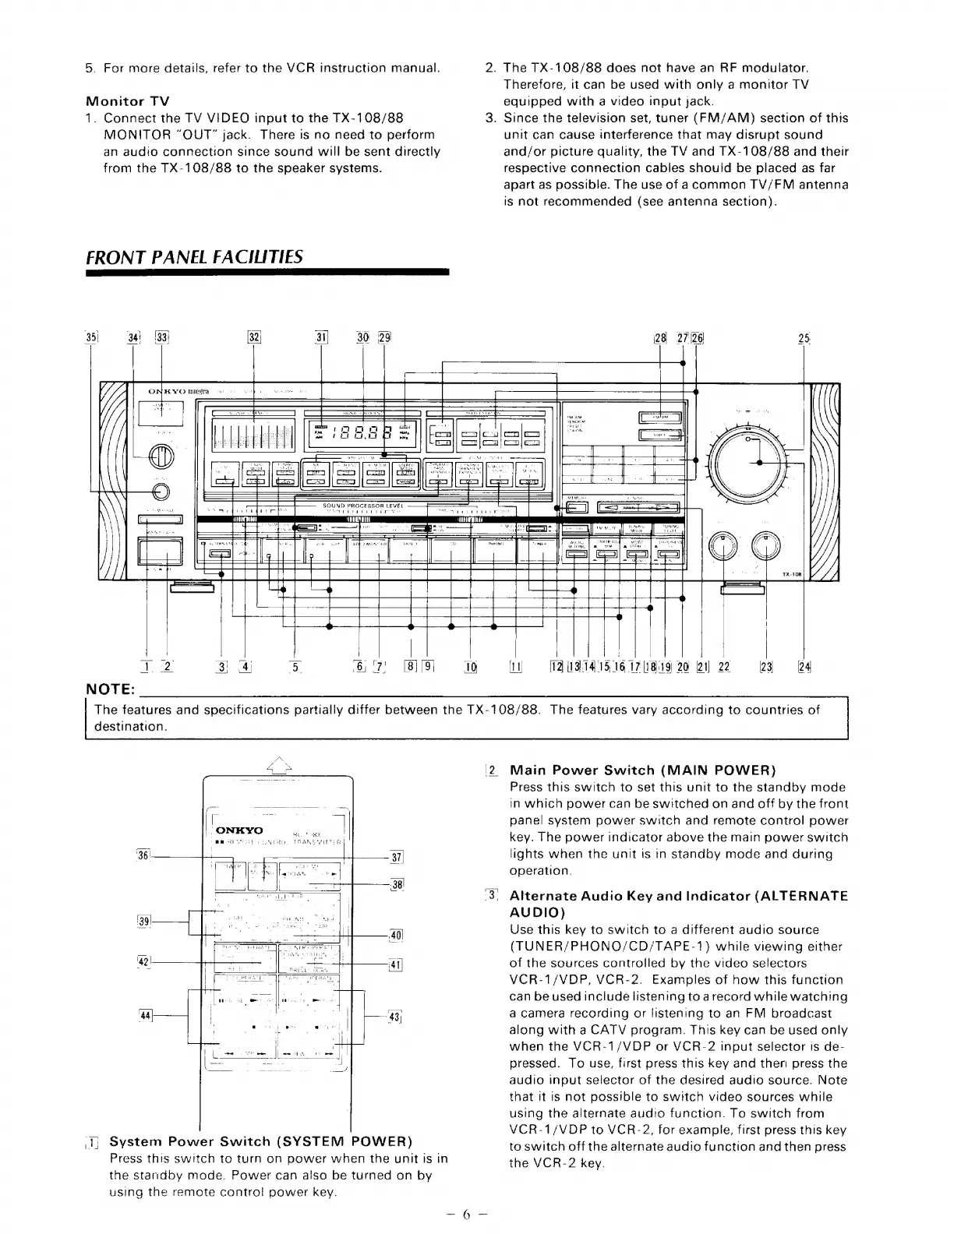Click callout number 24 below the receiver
[x=804, y=667]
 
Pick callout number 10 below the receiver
[x=471, y=667]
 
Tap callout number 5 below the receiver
[x=295, y=667]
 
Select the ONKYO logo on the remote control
[x=238, y=830]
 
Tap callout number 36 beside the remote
[x=142, y=855]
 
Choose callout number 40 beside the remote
[x=395, y=935]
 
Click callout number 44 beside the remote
[x=145, y=1016]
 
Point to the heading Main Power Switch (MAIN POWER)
[x=642, y=770]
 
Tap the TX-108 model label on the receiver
[x=791, y=574]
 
